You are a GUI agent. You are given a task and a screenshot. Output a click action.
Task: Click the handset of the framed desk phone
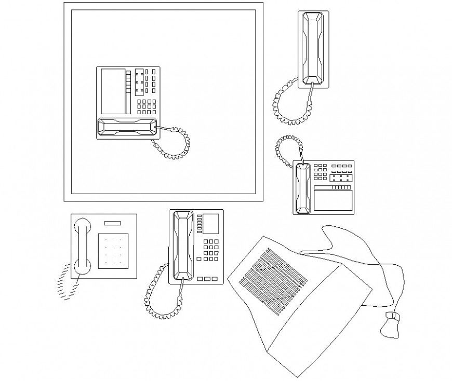[127, 128]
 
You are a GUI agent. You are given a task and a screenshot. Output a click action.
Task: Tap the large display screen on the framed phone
[113, 91]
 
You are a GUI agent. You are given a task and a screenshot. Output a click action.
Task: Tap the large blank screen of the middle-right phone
[333, 200]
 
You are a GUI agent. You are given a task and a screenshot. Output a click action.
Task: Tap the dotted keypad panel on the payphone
[113, 251]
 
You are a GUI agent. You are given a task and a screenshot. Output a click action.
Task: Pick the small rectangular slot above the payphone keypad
[113, 224]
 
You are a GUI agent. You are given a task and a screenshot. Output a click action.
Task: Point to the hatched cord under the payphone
[65, 282]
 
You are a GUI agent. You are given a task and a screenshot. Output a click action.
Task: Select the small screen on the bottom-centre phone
[210, 223]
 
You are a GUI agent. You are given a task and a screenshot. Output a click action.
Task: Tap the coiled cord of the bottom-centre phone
[158, 296]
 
